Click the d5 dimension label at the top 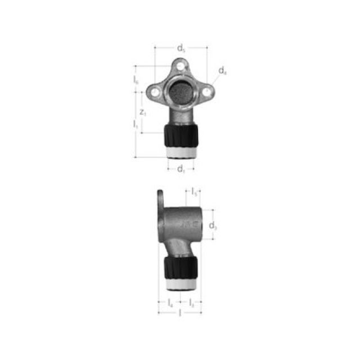click(x=181, y=48)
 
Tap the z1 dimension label click(x=144, y=112)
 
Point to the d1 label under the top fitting click(x=181, y=169)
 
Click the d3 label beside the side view click(x=213, y=226)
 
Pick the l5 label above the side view click(x=195, y=192)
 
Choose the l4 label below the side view click(x=170, y=303)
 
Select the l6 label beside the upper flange click(x=136, y=80)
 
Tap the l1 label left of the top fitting click(x=136, y=123)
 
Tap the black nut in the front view click(x=181, y=136)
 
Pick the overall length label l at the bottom click(x=180, y=313)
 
